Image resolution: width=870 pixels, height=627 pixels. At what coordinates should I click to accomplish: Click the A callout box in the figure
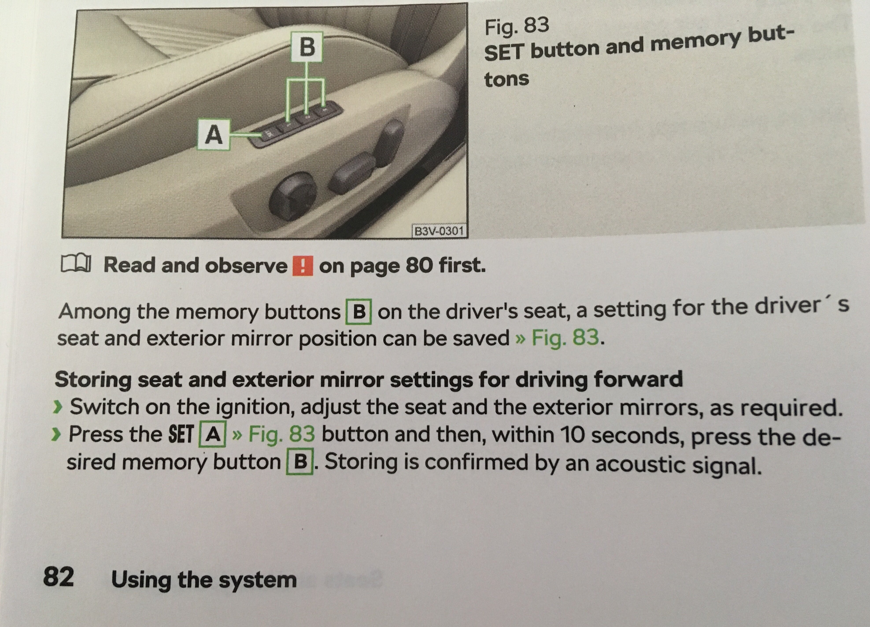tap(214, 135)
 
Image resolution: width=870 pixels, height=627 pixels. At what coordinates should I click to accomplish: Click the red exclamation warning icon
tap(303, 266)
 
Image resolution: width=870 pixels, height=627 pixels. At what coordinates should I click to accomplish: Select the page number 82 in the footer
tap(58, 577)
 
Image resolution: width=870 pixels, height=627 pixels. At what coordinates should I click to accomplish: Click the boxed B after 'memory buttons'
tap(359, 312)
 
